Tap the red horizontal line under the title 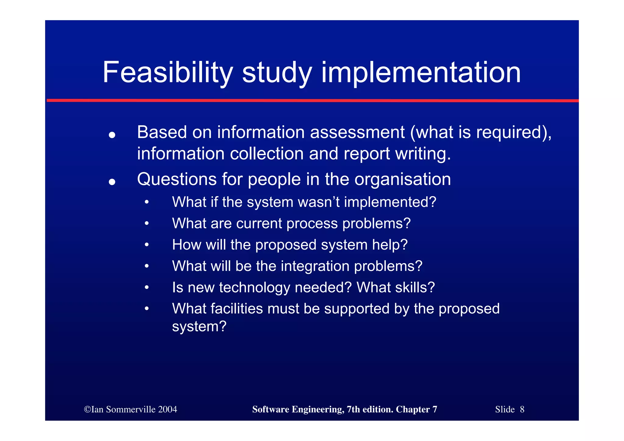(x=312, y=100)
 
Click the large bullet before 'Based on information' (x=112, y=135)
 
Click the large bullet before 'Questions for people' (x=112, y=182)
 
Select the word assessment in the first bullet (x=357, y=133)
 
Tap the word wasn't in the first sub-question (x=318, y=202)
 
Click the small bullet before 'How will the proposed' (x=147, y=245)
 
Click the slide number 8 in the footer (x=522, y=409)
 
